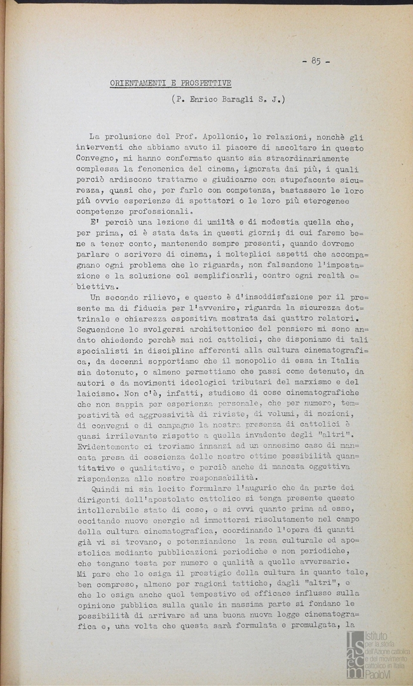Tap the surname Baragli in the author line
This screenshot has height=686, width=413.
245,99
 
